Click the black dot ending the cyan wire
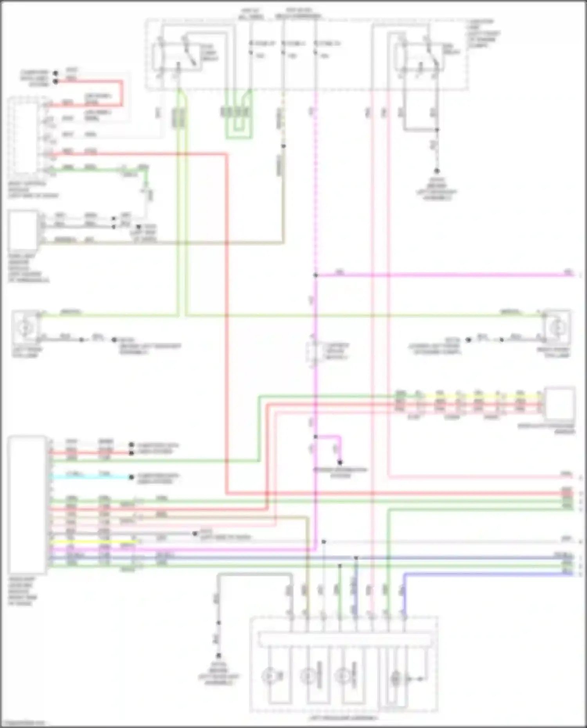(x=131, y=477)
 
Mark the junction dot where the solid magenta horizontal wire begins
(x=315, y=275)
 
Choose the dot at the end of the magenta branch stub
(x=340, y=462)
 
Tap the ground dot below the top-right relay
(x=437, y=171)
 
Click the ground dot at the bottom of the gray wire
(x=218, y=656)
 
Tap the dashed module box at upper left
(x=24, y=135)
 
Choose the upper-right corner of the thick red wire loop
(x=121, y=82)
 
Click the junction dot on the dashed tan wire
(x=283, y=146)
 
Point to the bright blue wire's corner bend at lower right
(x=404, y=574)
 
